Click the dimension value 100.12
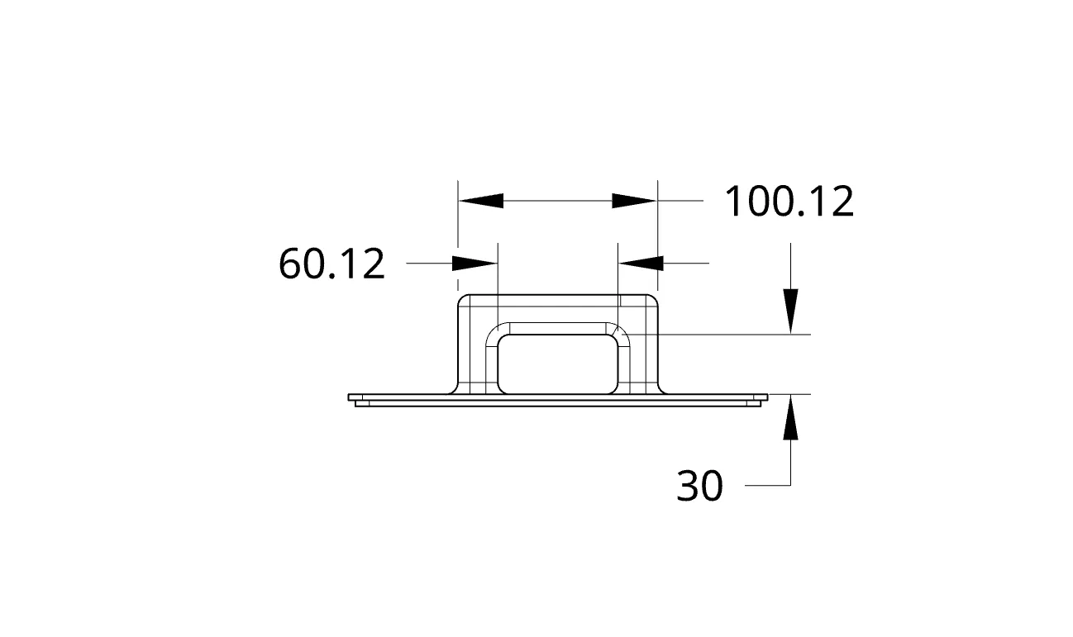click(789, 202)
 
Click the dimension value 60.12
click(331, 264)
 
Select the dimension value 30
click(699, 486)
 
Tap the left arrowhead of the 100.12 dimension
click(481, 201)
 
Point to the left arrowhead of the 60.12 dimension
click(475, 264)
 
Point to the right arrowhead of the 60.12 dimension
click(641, 264)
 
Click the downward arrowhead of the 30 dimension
click(790, 311)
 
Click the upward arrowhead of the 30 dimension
click(790, 417)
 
